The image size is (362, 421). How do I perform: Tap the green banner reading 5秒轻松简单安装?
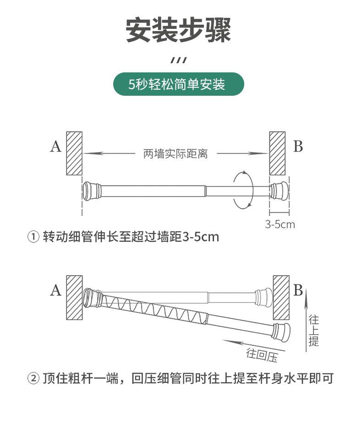click(x=179, y=84)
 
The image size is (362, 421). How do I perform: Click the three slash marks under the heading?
click(x=179, y=60)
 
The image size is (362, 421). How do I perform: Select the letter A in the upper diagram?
click(x=55, y=147)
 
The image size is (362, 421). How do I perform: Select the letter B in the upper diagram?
click(x=298, y=147)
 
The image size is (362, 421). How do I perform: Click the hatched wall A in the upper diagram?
click(x=74, y=153)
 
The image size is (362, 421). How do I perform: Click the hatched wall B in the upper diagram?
click(x=277, y=153)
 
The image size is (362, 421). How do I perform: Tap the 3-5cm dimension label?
click(x=280, y=224)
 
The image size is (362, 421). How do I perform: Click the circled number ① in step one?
click(x=34, y=237)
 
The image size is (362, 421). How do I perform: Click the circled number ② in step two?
click(x=34, y=379)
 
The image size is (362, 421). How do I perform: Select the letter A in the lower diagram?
click(x=55, y=290)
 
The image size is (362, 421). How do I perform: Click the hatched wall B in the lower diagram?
click(x=281, y=298)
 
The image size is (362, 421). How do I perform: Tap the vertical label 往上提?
click(x=314, y=330)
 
